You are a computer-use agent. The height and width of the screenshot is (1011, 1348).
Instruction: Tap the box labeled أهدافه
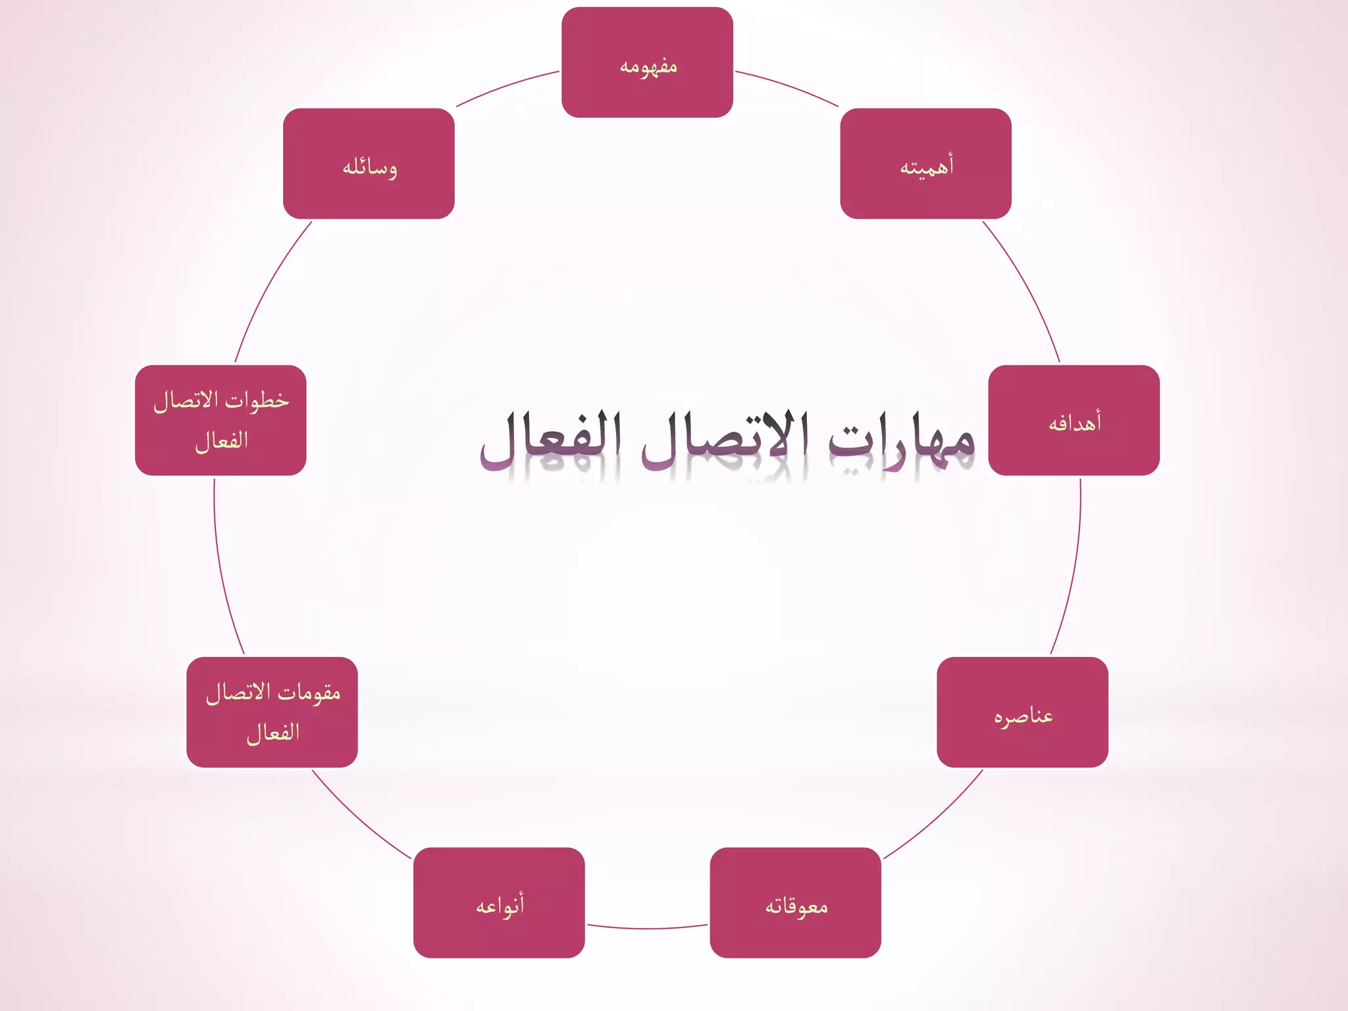click(x=1074, y=421)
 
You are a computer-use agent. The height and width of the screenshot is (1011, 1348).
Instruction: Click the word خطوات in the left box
click(x=258, y=400)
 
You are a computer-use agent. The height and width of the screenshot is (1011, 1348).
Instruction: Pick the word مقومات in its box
click(x=309, y=692)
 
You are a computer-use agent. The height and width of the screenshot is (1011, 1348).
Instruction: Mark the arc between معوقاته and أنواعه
click(x=647, y=928)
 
